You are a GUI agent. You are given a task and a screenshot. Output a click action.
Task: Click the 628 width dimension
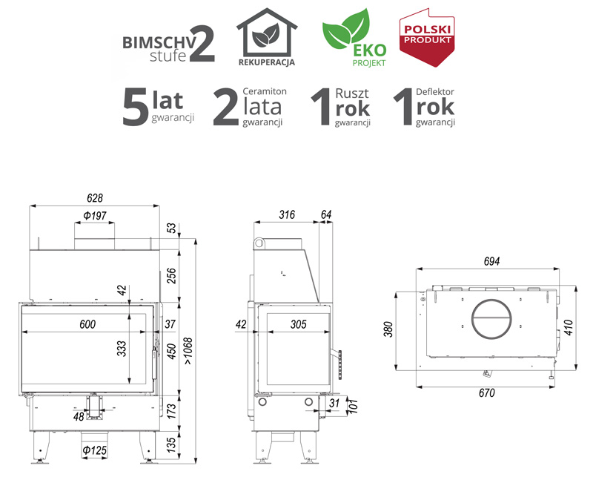point(95,198)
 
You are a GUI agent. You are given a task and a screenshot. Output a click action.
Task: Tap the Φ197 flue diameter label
point(95,216)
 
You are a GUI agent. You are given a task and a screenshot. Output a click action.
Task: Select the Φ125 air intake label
point(95,450)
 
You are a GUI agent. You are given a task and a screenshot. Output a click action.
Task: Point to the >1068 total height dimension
point(188,352)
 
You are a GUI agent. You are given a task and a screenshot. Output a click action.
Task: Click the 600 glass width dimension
point(87,324)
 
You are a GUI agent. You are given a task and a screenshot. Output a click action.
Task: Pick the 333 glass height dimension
point(122,349)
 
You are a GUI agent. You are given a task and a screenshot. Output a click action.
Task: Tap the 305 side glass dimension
point(299,324)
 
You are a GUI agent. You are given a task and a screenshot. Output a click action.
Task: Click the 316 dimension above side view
point(287,215)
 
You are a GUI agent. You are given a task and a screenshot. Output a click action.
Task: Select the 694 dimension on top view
point(491,262)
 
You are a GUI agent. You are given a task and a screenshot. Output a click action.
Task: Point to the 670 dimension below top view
point(487,393)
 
